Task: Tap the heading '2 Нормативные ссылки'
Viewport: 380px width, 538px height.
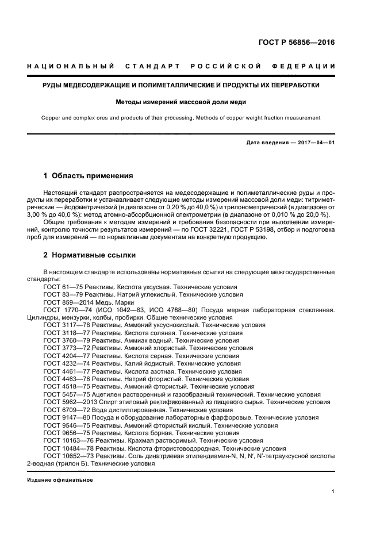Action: (90, 255)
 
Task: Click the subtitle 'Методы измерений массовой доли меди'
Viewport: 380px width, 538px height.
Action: (181, 103)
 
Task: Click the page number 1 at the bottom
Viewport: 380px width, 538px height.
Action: (333, 491)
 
